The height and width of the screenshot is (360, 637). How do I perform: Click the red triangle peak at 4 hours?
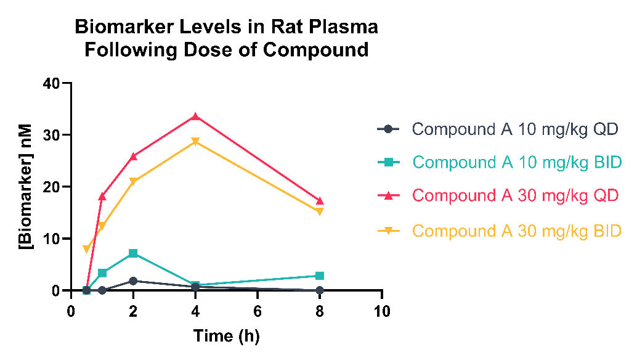coord(195,117)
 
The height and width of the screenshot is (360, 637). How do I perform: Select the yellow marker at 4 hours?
coord(195,142)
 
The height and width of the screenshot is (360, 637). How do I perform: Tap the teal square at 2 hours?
coord(133,253)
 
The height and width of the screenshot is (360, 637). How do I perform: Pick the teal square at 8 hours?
coord(320,276)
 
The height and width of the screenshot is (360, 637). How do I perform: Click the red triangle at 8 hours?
coord(320,201)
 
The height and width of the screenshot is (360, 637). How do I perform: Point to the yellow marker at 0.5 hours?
coord(87,249)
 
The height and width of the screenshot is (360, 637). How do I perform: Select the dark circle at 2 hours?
coord(133,281)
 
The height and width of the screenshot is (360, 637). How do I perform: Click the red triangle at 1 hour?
coord(102,197)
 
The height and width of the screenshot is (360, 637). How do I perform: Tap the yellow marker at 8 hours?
coord(320,211)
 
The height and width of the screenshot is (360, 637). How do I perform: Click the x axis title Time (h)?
coord(227,337)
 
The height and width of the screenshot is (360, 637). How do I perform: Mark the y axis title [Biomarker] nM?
coord(26,186)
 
